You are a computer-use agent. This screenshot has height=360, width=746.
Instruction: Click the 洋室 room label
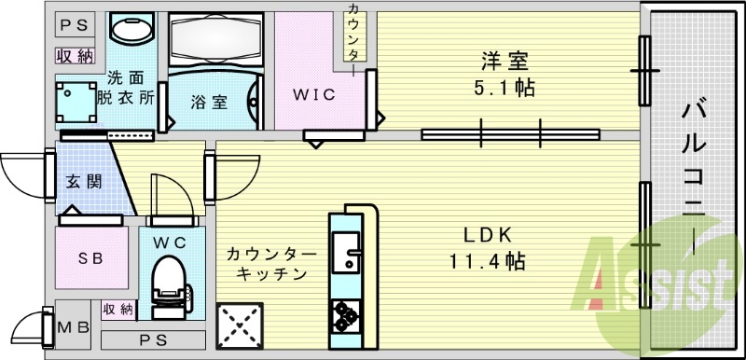tap(504, 62)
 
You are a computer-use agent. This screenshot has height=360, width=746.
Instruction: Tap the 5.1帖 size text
tap(504, 91)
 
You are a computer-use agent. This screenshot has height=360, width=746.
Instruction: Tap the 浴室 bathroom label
tap(209, 103)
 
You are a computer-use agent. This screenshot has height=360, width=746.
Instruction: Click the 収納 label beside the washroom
tap(75, 55)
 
